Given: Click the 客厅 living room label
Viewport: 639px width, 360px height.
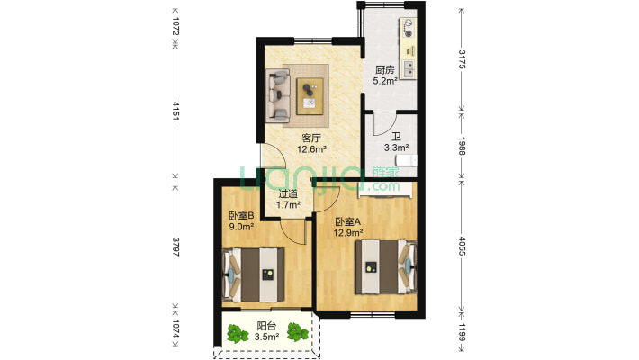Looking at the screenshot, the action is [310, 138].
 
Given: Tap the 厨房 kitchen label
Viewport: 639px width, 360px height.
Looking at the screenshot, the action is [385, 70].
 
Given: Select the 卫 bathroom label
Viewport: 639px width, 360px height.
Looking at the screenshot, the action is [396, 137].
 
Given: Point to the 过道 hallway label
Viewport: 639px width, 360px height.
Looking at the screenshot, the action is [288, 194].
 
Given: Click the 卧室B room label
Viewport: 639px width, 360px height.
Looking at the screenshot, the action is [242, 215].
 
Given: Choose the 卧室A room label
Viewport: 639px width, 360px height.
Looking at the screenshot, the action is [348, 221].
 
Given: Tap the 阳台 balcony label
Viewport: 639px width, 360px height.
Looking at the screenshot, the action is [267, 326].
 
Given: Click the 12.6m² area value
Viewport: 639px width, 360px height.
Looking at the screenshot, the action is [311, 149].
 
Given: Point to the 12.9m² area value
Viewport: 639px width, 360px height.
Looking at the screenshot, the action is [348, 233].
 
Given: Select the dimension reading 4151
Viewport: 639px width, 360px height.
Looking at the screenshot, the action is [176, 111].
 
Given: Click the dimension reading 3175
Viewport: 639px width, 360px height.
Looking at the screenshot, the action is [462, 59].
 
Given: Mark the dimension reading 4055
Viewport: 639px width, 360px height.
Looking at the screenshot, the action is [462, 246].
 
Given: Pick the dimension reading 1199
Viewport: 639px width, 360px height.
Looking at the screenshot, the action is [462, 332].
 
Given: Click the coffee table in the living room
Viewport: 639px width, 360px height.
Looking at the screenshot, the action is [310, 96].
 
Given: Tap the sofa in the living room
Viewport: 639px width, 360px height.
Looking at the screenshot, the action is [277, 95].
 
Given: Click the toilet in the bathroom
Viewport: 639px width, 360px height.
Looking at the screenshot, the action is [408, 160].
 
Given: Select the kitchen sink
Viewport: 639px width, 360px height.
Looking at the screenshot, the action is [409, 69].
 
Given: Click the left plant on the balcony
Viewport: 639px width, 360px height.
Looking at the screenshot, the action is [238, 333].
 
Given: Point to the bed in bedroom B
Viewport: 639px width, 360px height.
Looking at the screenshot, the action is [253, 274].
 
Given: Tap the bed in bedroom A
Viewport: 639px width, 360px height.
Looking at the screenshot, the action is [385, 267].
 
